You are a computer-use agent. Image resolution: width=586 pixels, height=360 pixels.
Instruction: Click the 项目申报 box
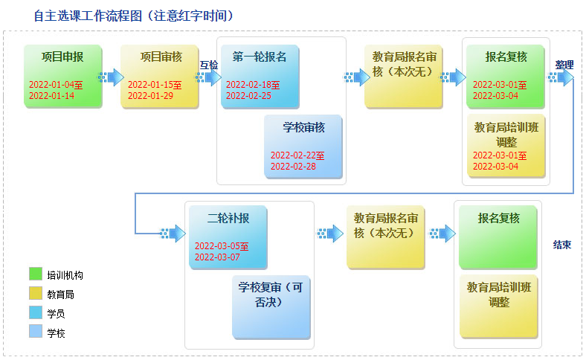point(62,77)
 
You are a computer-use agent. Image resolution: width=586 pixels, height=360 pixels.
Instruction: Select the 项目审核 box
point(160,77)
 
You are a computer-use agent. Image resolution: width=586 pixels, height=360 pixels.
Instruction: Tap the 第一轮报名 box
point(260,77)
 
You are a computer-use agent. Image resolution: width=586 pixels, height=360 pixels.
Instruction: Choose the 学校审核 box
point(303,147)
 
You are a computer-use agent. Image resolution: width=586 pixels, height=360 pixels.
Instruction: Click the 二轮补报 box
point(228,237)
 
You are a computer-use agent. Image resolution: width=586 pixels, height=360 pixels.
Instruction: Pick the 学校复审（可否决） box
point(271,307)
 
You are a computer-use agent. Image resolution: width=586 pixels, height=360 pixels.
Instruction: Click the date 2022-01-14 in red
point(51,96)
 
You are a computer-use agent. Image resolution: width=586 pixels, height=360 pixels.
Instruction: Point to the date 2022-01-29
point(151,96)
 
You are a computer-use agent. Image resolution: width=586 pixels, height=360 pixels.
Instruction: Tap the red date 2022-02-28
point(294,167)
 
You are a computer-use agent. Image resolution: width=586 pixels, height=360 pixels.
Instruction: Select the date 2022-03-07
point(217,257)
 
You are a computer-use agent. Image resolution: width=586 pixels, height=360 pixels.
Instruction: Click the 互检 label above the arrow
point(209,65)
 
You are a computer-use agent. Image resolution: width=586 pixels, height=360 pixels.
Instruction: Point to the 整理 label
point(564,65)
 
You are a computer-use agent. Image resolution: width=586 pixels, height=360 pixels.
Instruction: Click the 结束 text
point(562,245)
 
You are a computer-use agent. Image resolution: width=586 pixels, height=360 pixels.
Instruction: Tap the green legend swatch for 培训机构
point(36,274)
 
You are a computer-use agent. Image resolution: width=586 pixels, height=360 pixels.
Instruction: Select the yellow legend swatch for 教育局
point(36,293)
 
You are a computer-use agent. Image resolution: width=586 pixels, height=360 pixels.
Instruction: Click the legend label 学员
point(56,314)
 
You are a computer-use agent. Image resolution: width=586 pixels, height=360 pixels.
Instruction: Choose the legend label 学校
point(56,333)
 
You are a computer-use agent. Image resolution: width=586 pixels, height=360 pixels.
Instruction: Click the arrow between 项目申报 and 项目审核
point(111,77)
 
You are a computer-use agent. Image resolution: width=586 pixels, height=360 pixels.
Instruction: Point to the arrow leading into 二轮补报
point(173,234)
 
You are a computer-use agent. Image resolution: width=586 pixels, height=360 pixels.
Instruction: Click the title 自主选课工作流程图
point(88,16)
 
